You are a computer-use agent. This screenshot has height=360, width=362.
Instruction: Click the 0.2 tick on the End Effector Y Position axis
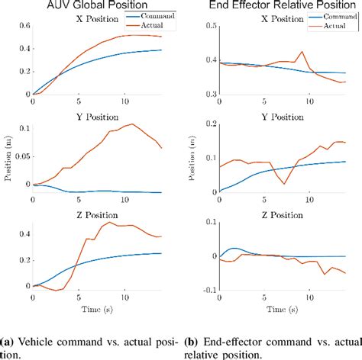pos(205,121)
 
